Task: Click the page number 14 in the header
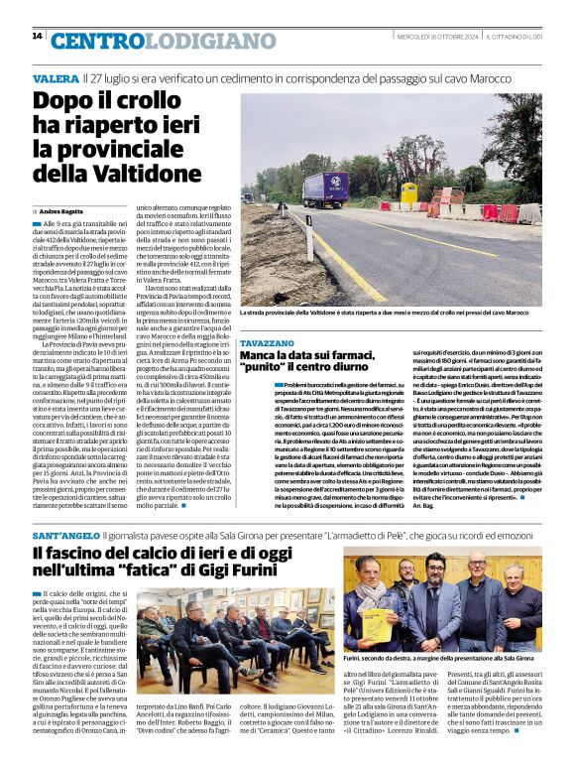(37, 36)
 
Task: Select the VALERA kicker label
(56, 77)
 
